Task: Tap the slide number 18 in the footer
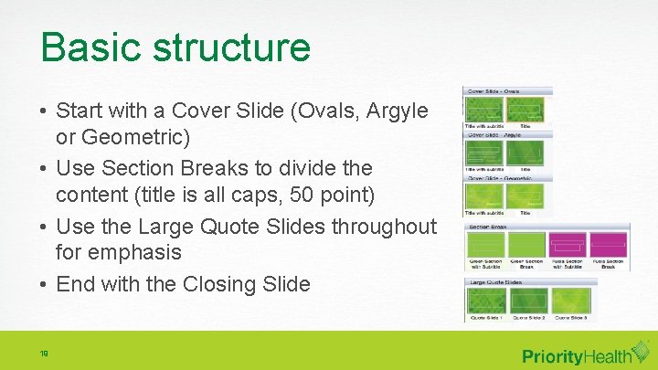point(44,352)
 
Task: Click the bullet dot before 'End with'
point(44,284)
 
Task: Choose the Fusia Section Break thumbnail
point(609,245)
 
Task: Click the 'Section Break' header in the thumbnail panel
point(488,226)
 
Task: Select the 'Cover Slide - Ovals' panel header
point(494,91)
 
